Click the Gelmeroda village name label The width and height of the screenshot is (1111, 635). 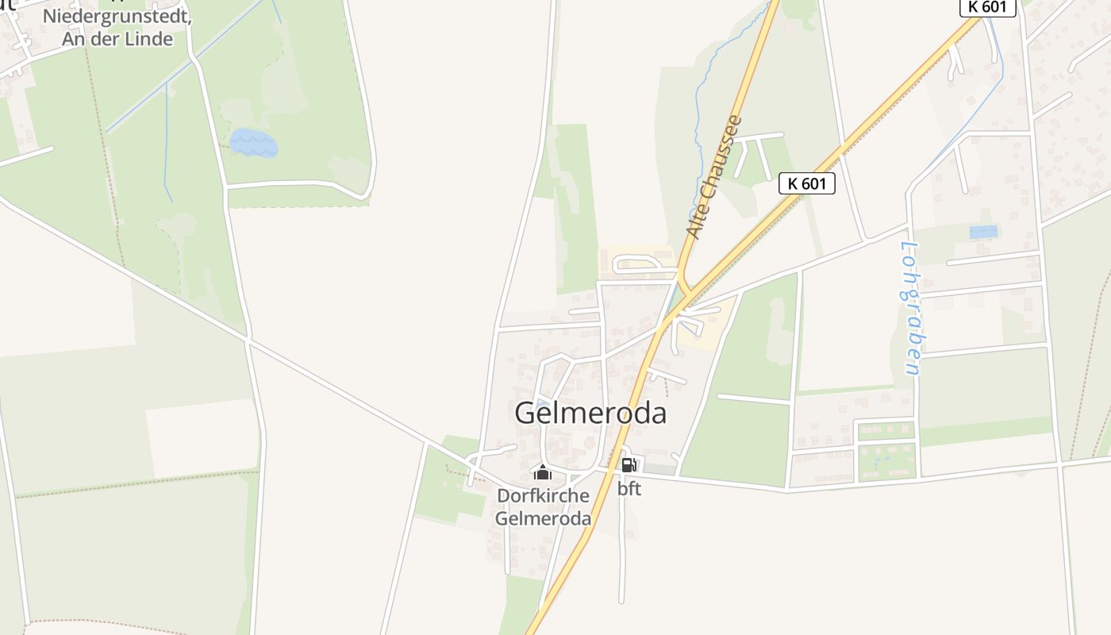click(590, 414)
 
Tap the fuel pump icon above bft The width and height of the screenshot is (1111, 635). click(628, 465)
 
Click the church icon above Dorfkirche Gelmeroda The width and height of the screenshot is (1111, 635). click(543, 473)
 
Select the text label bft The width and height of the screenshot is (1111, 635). click(629, 489)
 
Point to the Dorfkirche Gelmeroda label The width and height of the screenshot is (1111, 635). click(544, 507)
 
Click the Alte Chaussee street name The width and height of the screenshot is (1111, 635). click(714, 178)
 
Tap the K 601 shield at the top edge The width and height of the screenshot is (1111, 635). click(987, 7)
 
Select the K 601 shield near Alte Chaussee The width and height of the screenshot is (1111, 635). click(807, 183)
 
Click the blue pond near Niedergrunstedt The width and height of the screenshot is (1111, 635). click(254, 144)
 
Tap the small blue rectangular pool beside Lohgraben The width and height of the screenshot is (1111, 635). click(983, 232)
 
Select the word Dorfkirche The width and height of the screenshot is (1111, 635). click(544, 496)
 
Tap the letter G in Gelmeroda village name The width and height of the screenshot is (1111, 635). click(525, 414)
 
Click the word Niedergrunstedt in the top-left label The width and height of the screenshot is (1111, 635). click(105, 16)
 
